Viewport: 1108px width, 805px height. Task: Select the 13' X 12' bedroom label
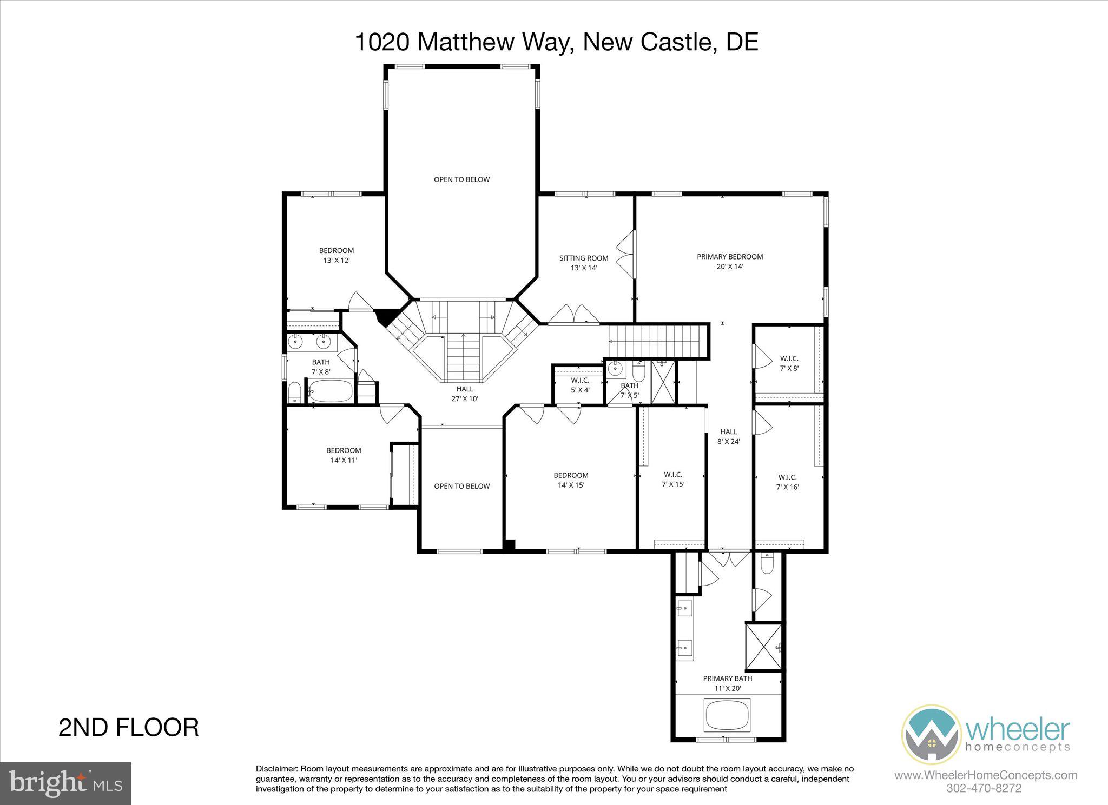click(x=336, y=255)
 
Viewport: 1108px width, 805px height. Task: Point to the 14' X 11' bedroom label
click(x=344, y=455)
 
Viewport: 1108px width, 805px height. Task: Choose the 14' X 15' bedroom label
click(x=571, y=480)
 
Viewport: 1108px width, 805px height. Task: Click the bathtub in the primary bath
click(x=728, y=713)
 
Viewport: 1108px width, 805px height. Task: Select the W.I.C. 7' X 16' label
click(x=787, y=482)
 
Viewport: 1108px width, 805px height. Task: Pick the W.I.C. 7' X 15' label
click(x=673, y=480)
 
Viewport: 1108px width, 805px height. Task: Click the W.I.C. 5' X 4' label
click(x=580, y=385)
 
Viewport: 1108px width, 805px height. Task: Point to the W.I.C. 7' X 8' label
click(x=789, y=363)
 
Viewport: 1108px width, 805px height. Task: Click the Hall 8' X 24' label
click(x=729, y=436)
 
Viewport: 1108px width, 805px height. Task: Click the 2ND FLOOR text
click(x=128, y=727)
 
